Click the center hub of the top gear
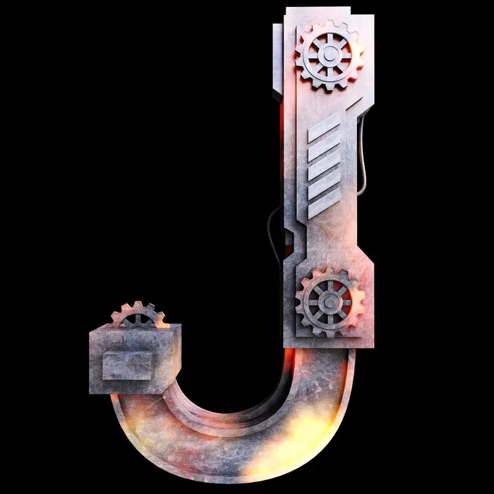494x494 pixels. coord(330,56)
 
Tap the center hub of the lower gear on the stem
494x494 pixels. coord(330,303)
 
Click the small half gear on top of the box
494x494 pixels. coord(138,315)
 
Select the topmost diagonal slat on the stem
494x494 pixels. coord(324,127)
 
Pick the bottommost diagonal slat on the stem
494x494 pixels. coord(324,204)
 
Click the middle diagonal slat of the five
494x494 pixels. coord(324,166)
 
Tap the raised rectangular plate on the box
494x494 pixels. coord(127,366)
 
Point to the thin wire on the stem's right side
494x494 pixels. coord(363,155)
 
